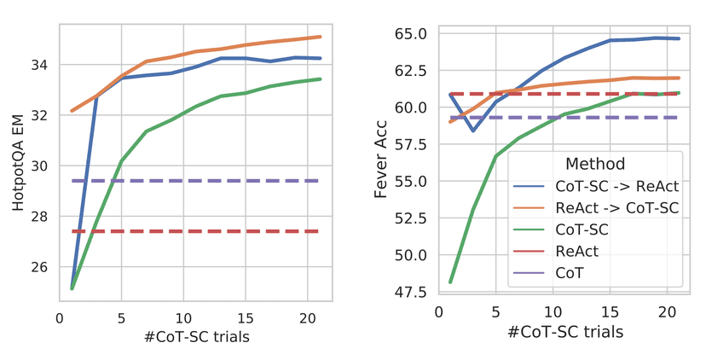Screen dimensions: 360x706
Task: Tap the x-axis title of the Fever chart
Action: pyautogui.click(x=564, y=331)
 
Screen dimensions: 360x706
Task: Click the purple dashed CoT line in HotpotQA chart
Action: pyautogui.click(x=196, y=181)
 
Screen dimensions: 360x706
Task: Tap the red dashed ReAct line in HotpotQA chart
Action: pyautogui.click(x=196, y=231)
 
